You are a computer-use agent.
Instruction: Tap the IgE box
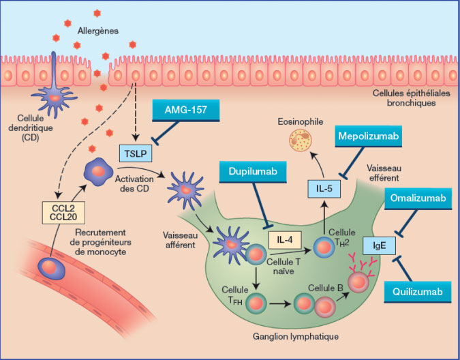coord(375,242)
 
